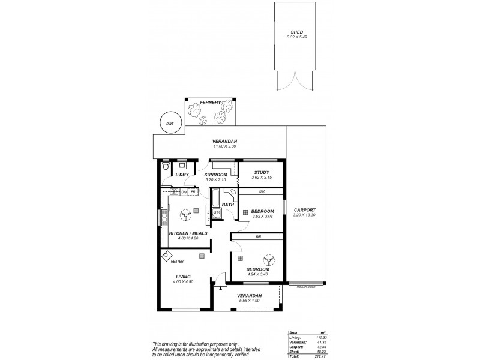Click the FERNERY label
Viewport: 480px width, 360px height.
click(210, 102)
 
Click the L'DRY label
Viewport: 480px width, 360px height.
click(182, 175)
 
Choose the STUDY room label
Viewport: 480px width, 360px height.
click(261, 173)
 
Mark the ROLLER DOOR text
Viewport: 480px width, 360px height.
click(306, 287)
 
